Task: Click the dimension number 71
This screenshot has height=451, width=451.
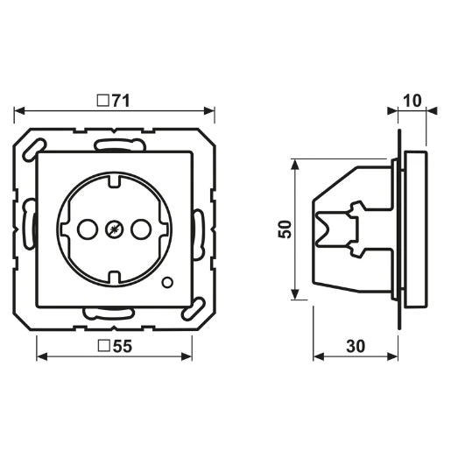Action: point(121,101)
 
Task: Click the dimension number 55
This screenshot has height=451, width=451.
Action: point(123,346)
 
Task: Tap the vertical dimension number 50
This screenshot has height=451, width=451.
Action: point(285,229)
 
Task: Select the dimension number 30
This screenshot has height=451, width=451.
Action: point(356,346)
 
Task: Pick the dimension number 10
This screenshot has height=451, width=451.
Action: point(412,101)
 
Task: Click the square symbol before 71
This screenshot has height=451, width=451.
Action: point(103,101)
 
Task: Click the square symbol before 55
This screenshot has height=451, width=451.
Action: point(104,346)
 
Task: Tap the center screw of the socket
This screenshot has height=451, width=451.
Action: point(114,229)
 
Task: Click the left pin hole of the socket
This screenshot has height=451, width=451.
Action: point(88,229)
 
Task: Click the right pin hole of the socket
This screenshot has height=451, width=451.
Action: point(141,229)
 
